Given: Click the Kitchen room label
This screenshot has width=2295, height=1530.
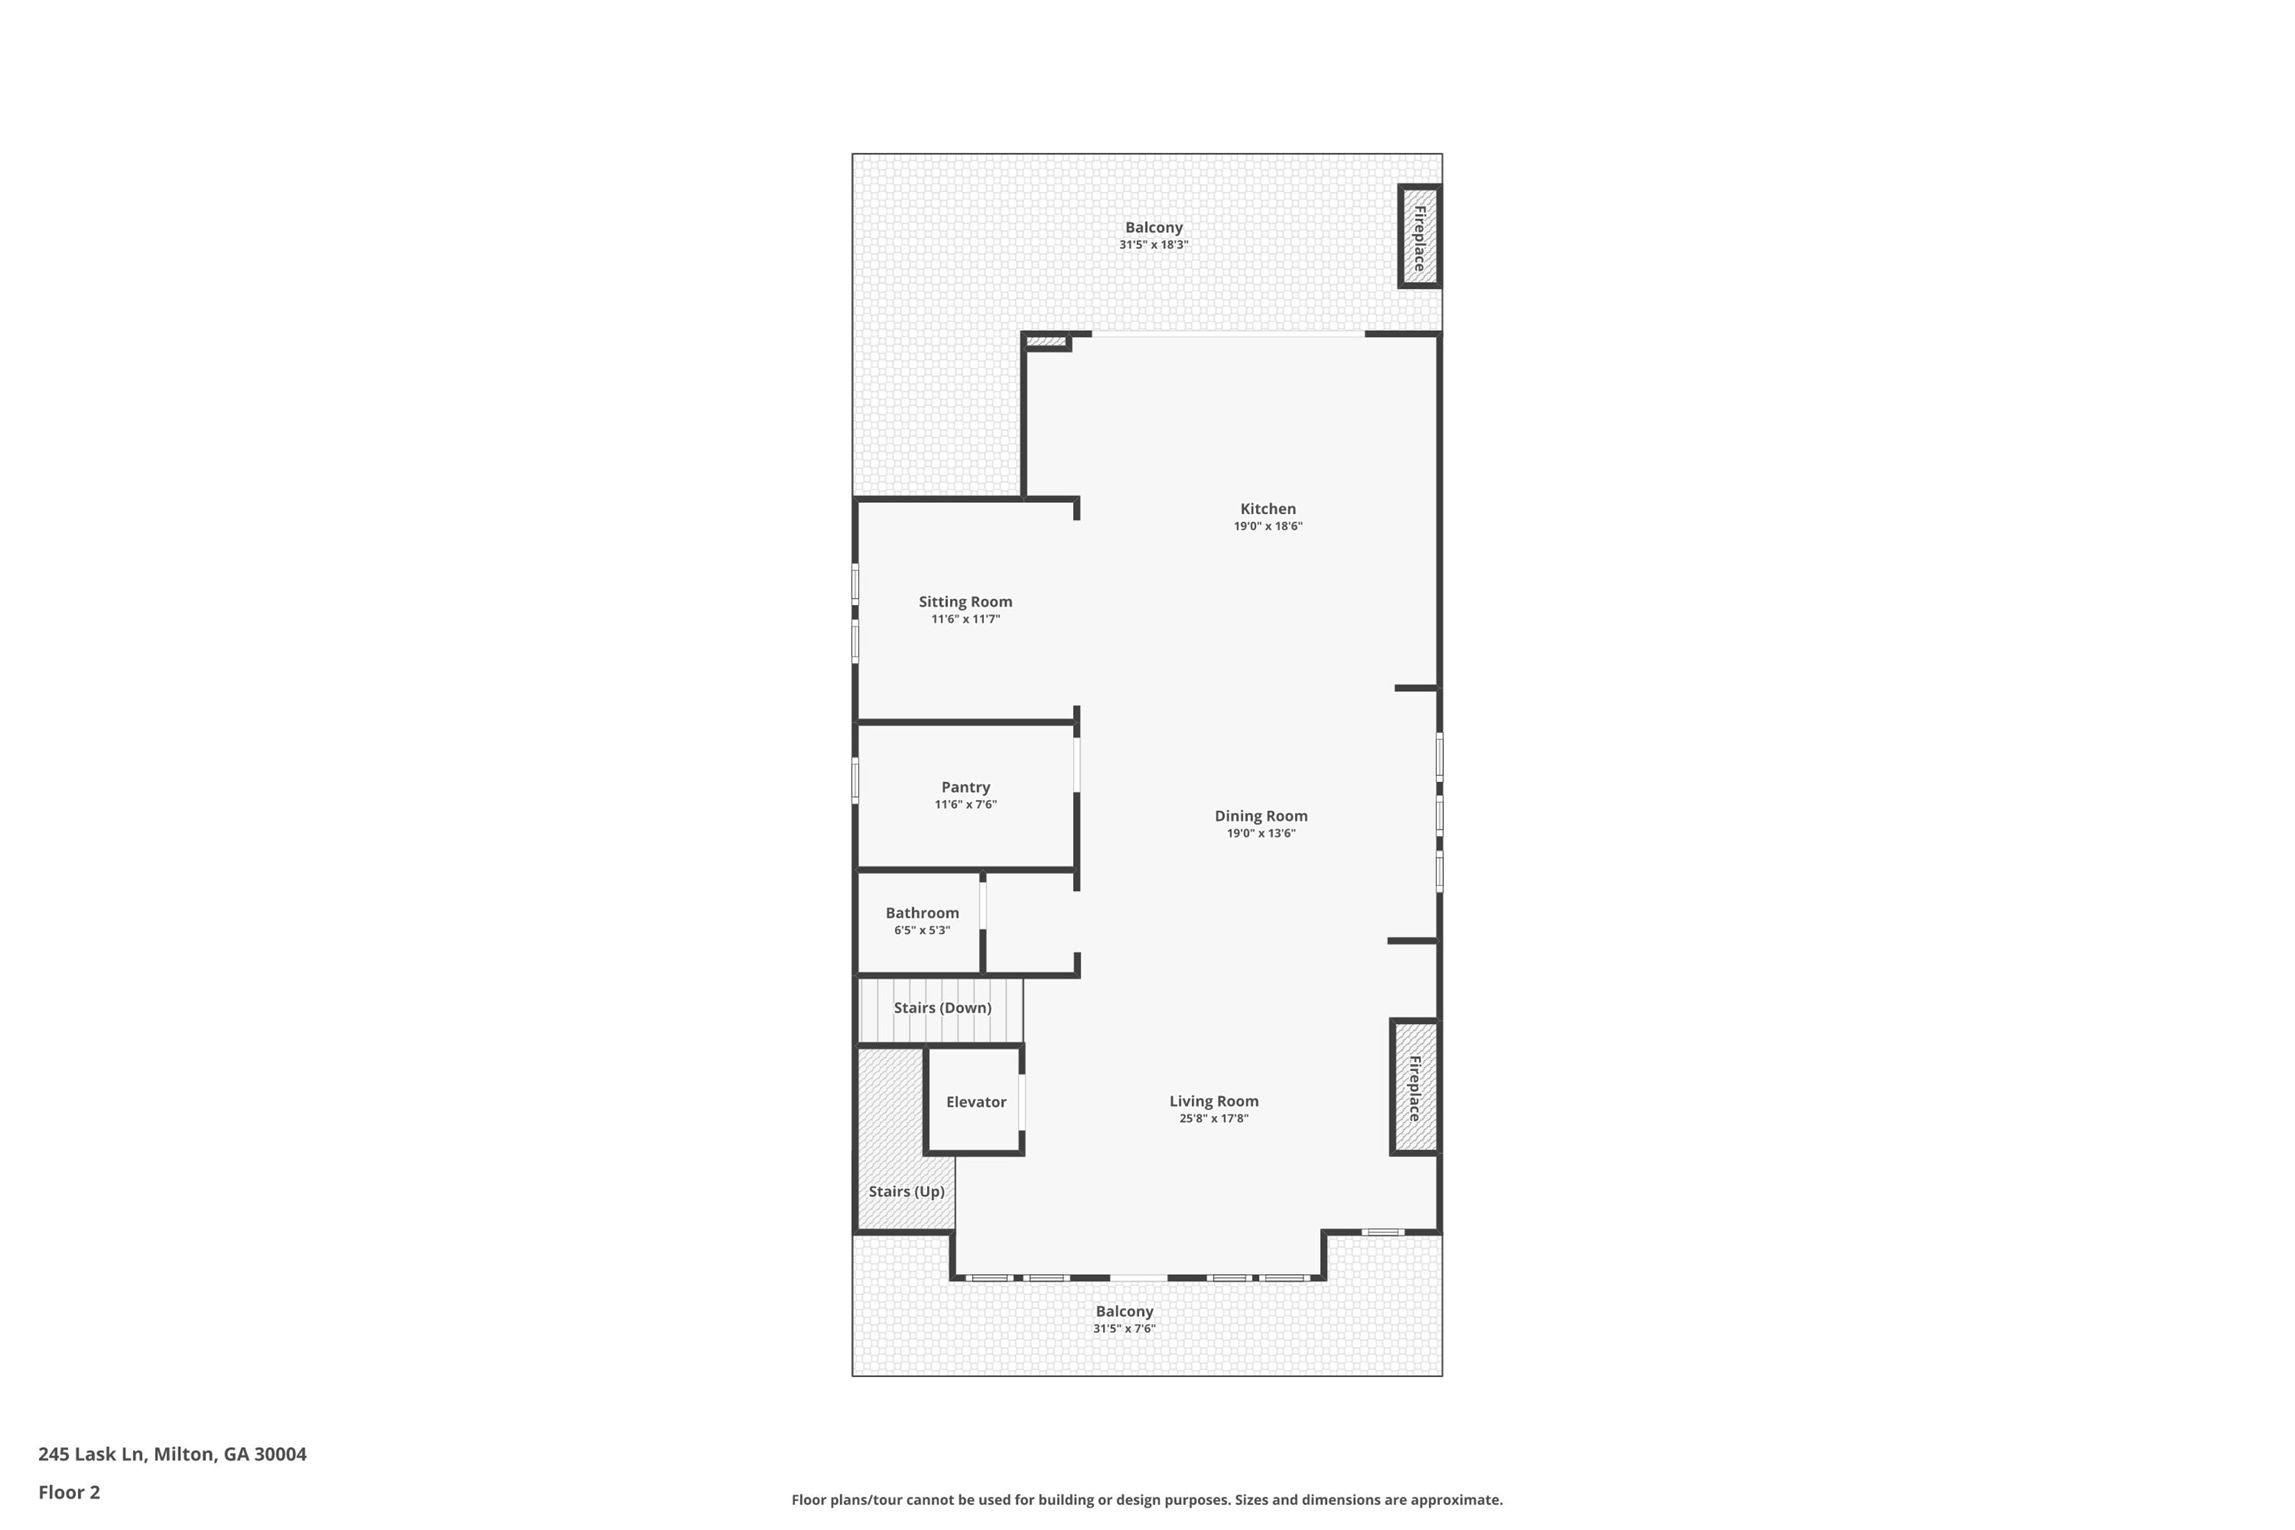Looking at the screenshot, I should [x=1268, y=508].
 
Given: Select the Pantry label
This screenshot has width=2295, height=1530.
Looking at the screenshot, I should [x=965, y=787].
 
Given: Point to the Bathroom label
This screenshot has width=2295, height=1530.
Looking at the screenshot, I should [x=922, y=913].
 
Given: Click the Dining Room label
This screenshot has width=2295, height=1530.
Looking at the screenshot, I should [x=1261, y=816].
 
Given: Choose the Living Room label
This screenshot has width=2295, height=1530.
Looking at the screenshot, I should [x=1214, y=1101].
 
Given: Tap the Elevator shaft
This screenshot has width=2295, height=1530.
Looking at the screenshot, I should [x=975, y=1102].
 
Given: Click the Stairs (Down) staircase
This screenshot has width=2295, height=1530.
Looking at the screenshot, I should [x=942, y=1008].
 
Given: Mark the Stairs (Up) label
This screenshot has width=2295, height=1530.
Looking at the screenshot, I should [x=906, y=1191].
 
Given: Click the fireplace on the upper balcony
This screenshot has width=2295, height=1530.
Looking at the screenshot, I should [x=1419, y=237].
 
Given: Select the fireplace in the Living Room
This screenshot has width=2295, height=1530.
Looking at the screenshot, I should [x=1414, y=1088].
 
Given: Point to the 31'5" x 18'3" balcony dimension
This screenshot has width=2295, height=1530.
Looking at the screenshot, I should [x=1153, y=245].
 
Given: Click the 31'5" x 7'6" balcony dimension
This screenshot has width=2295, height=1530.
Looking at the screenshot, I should [x=1124, y=1329].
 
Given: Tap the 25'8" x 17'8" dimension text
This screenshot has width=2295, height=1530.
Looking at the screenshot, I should [x=1214, y=1118].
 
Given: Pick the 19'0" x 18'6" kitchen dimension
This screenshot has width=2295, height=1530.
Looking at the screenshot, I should [x=1268, y=526].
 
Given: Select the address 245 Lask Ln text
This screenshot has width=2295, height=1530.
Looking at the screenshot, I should [x=172, y=1454].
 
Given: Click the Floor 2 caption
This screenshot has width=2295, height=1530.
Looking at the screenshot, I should [x=70, y=1492].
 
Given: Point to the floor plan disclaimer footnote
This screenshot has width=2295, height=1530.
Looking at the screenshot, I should [x=1147, y=1500].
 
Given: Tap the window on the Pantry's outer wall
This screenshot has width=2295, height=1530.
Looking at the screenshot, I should [x=855, y=780].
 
